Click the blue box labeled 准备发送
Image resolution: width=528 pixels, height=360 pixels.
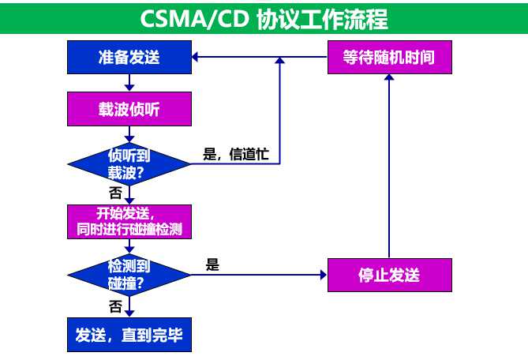coord(129,58)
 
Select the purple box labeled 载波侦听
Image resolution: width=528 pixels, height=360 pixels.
coord(129,109)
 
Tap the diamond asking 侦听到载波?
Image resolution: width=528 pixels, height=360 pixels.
coord(129,163)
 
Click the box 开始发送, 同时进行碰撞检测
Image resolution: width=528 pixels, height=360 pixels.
coord(129,222)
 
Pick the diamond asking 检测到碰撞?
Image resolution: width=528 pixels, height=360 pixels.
coord(129,275)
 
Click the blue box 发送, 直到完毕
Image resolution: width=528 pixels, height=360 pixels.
coord(129,334)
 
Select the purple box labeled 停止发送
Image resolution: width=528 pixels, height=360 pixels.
coord(389,275)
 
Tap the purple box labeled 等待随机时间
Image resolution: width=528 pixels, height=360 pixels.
coord(389,58)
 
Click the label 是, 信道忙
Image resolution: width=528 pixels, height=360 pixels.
coord(236,155)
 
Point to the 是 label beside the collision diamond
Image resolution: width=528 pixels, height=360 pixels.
coord(212,265)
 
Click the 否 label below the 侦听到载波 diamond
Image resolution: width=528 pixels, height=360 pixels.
coord(115,193)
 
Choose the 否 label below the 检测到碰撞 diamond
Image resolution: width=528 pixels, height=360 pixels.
coord(115,304)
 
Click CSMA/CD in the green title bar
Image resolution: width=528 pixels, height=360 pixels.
coord(195,17)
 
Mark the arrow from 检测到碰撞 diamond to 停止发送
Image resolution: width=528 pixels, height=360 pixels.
coord(260,275)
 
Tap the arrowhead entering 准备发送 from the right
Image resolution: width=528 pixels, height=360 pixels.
coord(197,58)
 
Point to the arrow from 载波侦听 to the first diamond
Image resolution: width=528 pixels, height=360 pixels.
coord(129,133)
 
